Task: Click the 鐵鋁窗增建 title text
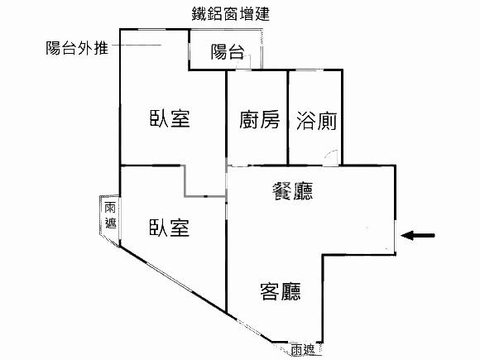231,14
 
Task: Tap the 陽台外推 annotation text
77,48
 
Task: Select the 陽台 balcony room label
228,51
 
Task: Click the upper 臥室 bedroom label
170,118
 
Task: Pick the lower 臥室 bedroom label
170,228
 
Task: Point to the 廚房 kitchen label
259,119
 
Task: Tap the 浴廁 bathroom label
316,121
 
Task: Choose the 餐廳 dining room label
292,191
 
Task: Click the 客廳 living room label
281,291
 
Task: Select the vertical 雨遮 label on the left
110,215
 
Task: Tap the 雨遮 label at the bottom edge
302,350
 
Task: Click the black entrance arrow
418,235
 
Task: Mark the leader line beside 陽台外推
137,46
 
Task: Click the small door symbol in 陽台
245,61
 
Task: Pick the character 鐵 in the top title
199,14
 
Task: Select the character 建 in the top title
262,14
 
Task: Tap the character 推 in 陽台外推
101,48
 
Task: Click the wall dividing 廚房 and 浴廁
288,118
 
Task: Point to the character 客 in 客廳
270,291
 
